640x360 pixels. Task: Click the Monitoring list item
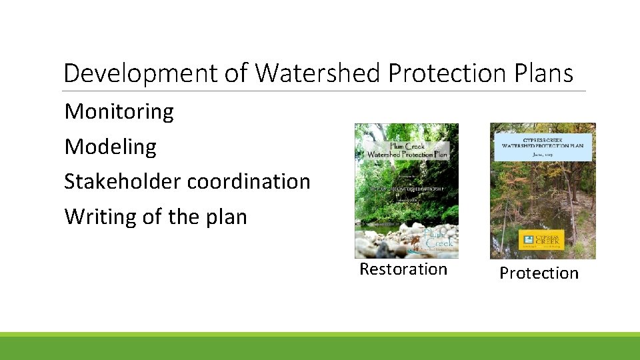coord(119,111)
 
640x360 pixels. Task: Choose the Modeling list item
coord(110,147)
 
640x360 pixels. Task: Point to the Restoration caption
coord(403,269)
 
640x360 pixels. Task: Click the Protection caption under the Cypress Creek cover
coord(539,273)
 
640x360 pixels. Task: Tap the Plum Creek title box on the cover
coord(407,150)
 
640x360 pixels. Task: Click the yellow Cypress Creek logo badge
coord(543,239)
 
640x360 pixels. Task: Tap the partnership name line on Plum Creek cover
coord(407,189)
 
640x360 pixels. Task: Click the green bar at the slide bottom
coord(320,347)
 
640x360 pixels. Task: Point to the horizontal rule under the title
coord(324,91)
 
